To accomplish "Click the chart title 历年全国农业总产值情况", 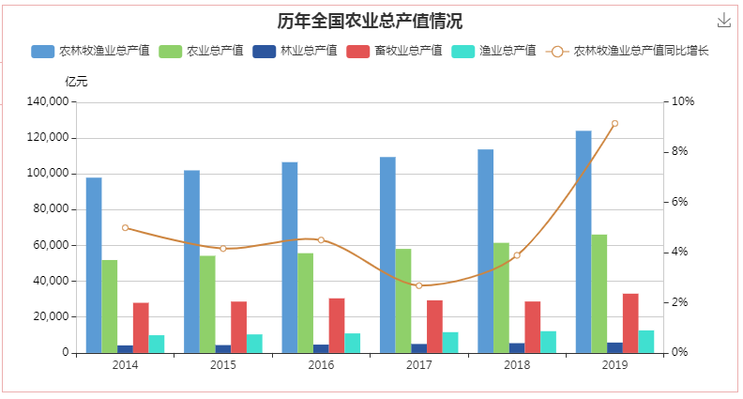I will coord(370,22).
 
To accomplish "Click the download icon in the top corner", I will coord(723,21).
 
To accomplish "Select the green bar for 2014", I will coord(110,306).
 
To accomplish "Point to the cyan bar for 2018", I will coord(548,342).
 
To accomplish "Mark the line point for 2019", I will coord(614,123).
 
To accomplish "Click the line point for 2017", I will coord(418,285).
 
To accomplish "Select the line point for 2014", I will coord(125,227).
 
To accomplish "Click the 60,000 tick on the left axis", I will coord(52,245).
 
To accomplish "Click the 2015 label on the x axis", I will coord(222,364).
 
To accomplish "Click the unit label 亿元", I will coord(76,82).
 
